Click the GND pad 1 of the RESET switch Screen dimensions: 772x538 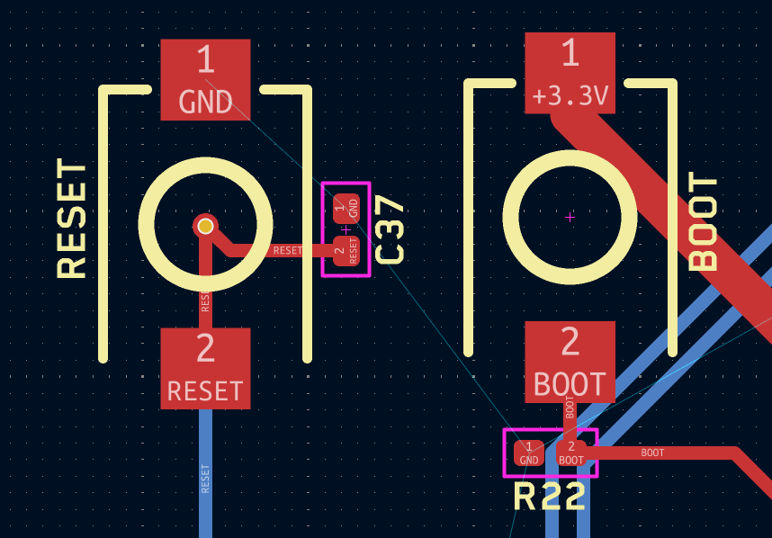(205, 80)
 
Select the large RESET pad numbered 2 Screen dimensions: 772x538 (205, 368)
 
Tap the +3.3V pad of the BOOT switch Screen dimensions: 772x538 (570, 73)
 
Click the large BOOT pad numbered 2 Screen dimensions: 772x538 (570, 362)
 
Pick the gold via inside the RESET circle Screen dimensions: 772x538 (205, 226)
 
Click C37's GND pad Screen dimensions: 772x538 (346, 208)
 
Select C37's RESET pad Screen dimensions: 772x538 (346, 250)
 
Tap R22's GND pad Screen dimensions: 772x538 (529, 453)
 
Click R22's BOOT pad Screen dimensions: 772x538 (571, 453)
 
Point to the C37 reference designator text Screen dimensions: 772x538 (390, 229)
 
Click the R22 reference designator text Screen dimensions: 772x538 (550, 496)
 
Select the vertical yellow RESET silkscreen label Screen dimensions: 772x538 (72, 219)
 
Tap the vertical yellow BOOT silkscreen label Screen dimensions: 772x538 (703, 221)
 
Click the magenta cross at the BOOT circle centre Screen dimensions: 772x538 (570, 217)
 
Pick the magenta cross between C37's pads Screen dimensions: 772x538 (346, 229)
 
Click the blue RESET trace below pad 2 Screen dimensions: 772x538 (205, 473)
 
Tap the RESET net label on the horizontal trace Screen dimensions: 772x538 (288, 250)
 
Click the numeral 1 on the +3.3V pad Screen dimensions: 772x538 (570, 52)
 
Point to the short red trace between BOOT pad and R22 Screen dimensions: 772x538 (570, 422)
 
